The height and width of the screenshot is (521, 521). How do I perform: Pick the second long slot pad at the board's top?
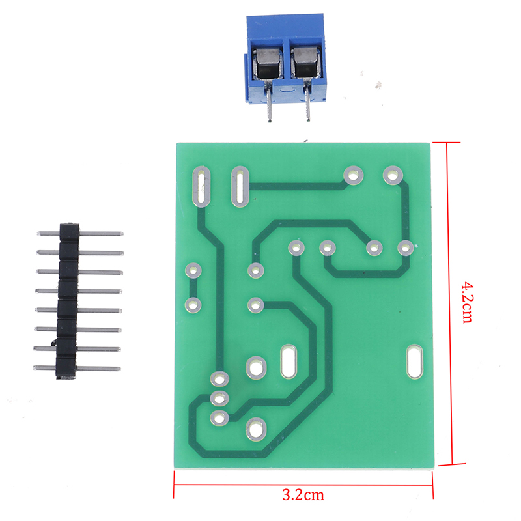click(x=240, y=186)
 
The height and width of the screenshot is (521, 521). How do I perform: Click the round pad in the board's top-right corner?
click(x=392, y=174)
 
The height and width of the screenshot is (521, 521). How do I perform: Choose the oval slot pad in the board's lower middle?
click(x=289, y=362)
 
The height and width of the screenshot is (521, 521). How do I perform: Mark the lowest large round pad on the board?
click(x=255, y=429)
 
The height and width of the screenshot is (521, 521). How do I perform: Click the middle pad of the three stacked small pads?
click(x=219, y=398)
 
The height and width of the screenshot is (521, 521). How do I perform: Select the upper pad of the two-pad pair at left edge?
click(x=193, y=270)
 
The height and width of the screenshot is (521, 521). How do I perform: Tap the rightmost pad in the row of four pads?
click(x=405, y=247)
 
